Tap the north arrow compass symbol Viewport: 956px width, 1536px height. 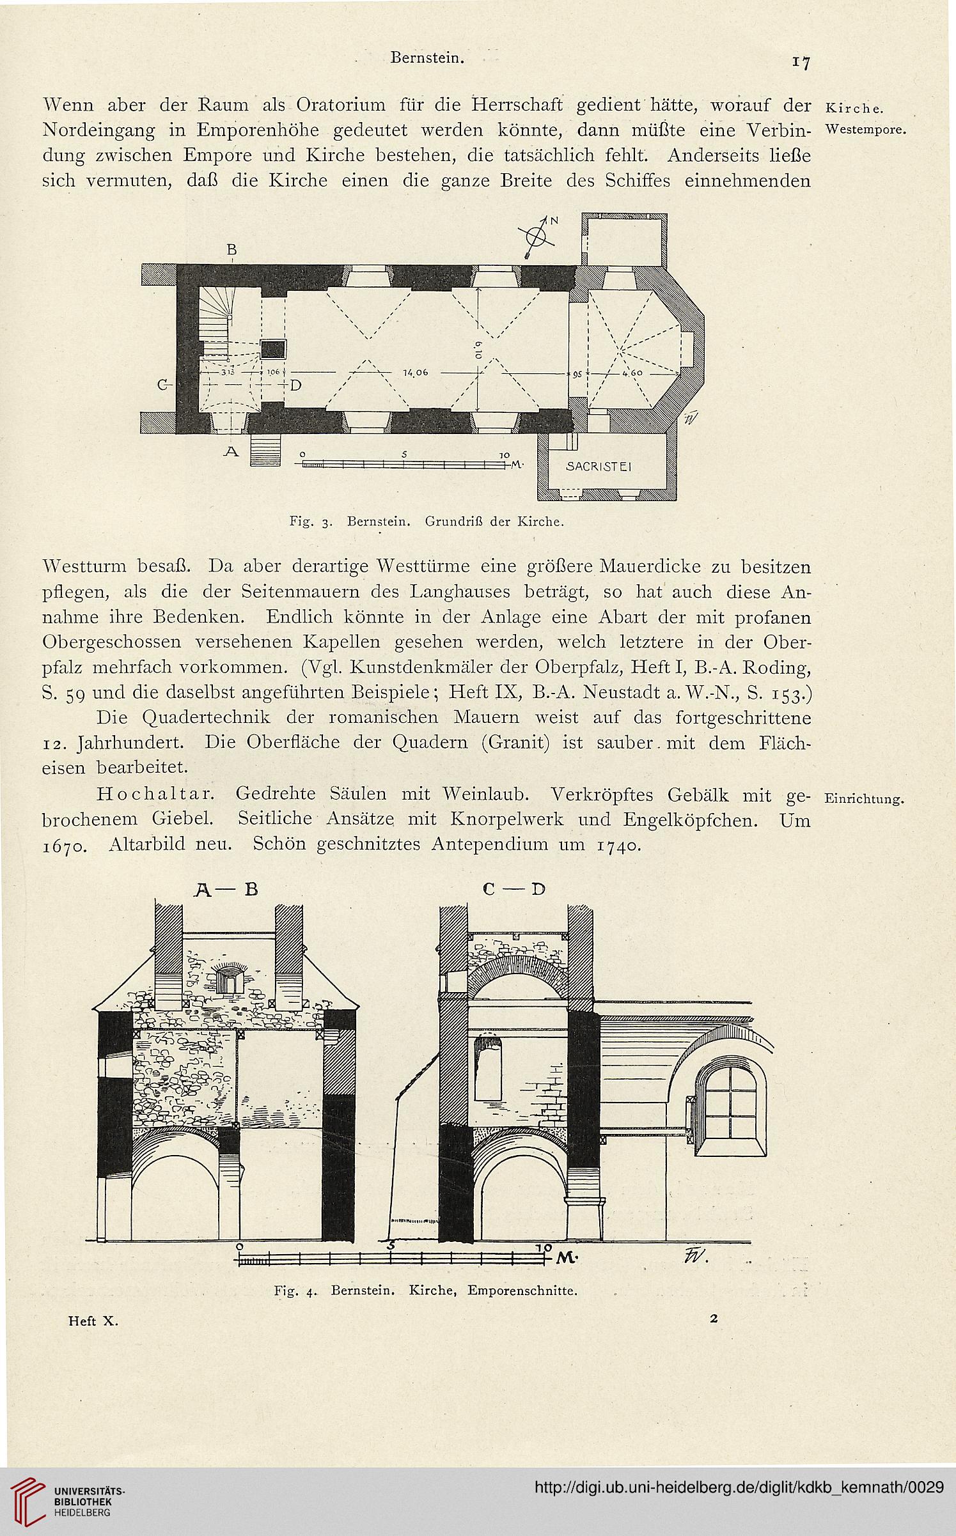[x=540, y=237]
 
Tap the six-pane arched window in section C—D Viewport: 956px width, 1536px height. [x=731, y=1098]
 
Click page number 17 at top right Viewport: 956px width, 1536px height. [x=801, y=63]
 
